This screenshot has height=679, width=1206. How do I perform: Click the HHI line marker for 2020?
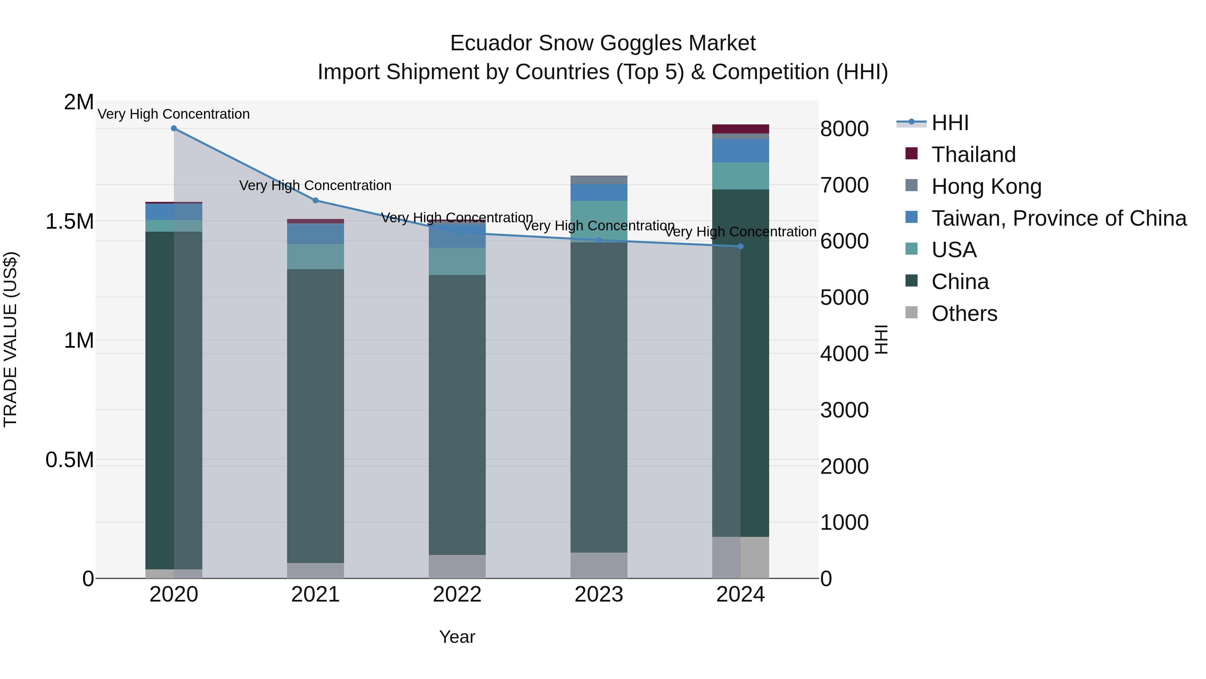(174, 128)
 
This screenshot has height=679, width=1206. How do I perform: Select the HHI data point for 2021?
(316, 200)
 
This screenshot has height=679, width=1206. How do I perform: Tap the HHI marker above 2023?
(599, 240)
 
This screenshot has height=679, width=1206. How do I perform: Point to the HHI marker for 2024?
(740, 246)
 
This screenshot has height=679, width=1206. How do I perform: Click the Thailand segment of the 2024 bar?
(740, 129)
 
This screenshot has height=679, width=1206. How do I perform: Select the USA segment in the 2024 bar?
(740, 176)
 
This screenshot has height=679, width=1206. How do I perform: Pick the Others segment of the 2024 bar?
(740, 557)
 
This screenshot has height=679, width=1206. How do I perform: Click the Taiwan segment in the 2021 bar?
(316, 233)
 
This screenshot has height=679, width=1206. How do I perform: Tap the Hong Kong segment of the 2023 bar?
(599, 180)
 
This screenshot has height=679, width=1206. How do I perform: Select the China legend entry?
(960, 282)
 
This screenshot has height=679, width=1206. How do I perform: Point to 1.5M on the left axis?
(69, 221)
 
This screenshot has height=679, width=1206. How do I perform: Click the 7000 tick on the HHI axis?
(844, 185)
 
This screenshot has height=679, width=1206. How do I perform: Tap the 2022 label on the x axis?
(457, 595)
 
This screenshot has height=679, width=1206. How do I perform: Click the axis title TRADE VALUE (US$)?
(10, 339)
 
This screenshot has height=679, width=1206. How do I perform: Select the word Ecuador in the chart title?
(490, 43)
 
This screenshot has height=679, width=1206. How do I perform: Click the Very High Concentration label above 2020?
(174, 114)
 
